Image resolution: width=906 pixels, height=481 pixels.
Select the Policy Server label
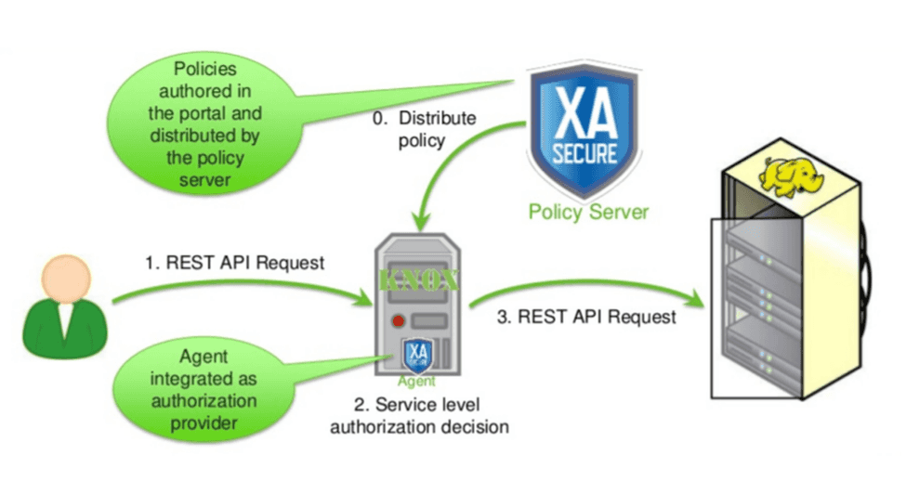(x=588, y=212)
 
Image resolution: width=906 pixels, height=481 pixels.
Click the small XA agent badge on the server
(x=417, y=355)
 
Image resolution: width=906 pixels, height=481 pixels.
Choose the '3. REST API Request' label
(x=586, y=317)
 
